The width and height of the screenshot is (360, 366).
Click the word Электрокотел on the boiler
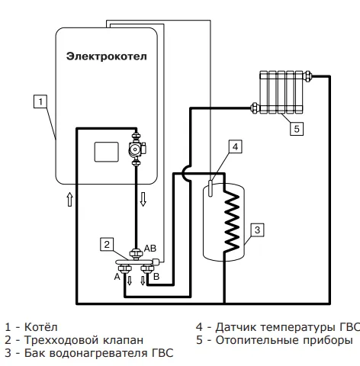tap(107, 56)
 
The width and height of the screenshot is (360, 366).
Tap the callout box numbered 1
tap(40, 101)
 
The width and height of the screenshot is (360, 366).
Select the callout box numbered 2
tap(107, 244)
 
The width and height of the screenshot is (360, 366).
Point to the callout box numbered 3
tap(257, 230)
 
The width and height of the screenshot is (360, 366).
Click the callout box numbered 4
tap(236, 146)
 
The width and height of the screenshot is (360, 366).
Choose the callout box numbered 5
tap(297, 129)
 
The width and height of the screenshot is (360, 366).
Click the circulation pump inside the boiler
tap(137, 149)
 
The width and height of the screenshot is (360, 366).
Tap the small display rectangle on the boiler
tap(107, 152)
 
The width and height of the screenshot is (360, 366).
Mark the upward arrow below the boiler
tap(69, 200)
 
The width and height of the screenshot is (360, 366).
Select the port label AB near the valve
tap(150, 249)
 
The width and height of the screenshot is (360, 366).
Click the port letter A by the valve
tap(117, 277)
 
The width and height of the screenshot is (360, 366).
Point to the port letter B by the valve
tap(156, 276)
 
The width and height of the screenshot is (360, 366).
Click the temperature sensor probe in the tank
tap(211, 188)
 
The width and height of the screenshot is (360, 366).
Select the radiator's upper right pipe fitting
tap(307, 75)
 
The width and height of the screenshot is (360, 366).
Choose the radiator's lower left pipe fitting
tap(255, 108)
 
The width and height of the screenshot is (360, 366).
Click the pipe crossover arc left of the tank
tap(187, 173)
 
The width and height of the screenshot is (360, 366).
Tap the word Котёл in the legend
tap(40, 327)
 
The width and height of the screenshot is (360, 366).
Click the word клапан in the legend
tap(123, 340)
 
